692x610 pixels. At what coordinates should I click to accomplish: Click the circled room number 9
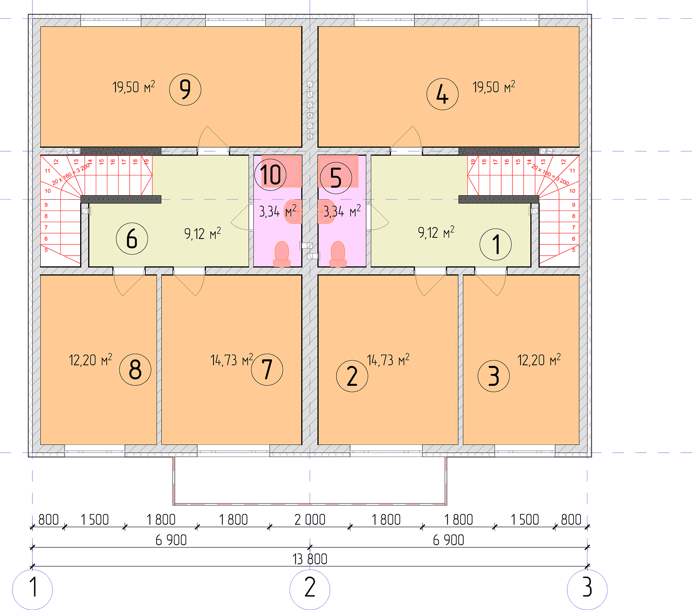point(185,90)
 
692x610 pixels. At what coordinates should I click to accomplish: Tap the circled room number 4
point(442,94)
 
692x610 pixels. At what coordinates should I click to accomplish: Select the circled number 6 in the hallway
point(132,239)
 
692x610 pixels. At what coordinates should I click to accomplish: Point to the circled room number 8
point(135,369)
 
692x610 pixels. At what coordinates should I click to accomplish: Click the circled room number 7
point(267,369)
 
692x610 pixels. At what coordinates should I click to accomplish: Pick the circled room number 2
point(352,376)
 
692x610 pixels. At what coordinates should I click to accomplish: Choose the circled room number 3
point(494,376)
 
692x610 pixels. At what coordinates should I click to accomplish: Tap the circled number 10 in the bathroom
point(271,175)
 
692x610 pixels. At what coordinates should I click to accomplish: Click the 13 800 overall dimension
point(310,559)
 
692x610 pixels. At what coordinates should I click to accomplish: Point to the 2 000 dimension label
point(310,520)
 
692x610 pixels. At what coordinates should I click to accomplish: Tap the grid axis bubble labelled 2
point(310,589)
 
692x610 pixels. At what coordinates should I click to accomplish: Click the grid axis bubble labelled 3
point(587,589)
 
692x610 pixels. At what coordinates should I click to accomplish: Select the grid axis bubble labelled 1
point(32,589)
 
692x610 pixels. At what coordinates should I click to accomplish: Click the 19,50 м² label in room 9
point(134,87)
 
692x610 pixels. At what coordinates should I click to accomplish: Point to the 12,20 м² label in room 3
point(539,359)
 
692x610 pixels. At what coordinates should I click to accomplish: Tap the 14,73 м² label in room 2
point(388,359)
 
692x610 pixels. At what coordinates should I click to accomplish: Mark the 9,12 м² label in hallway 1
point(436,232)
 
